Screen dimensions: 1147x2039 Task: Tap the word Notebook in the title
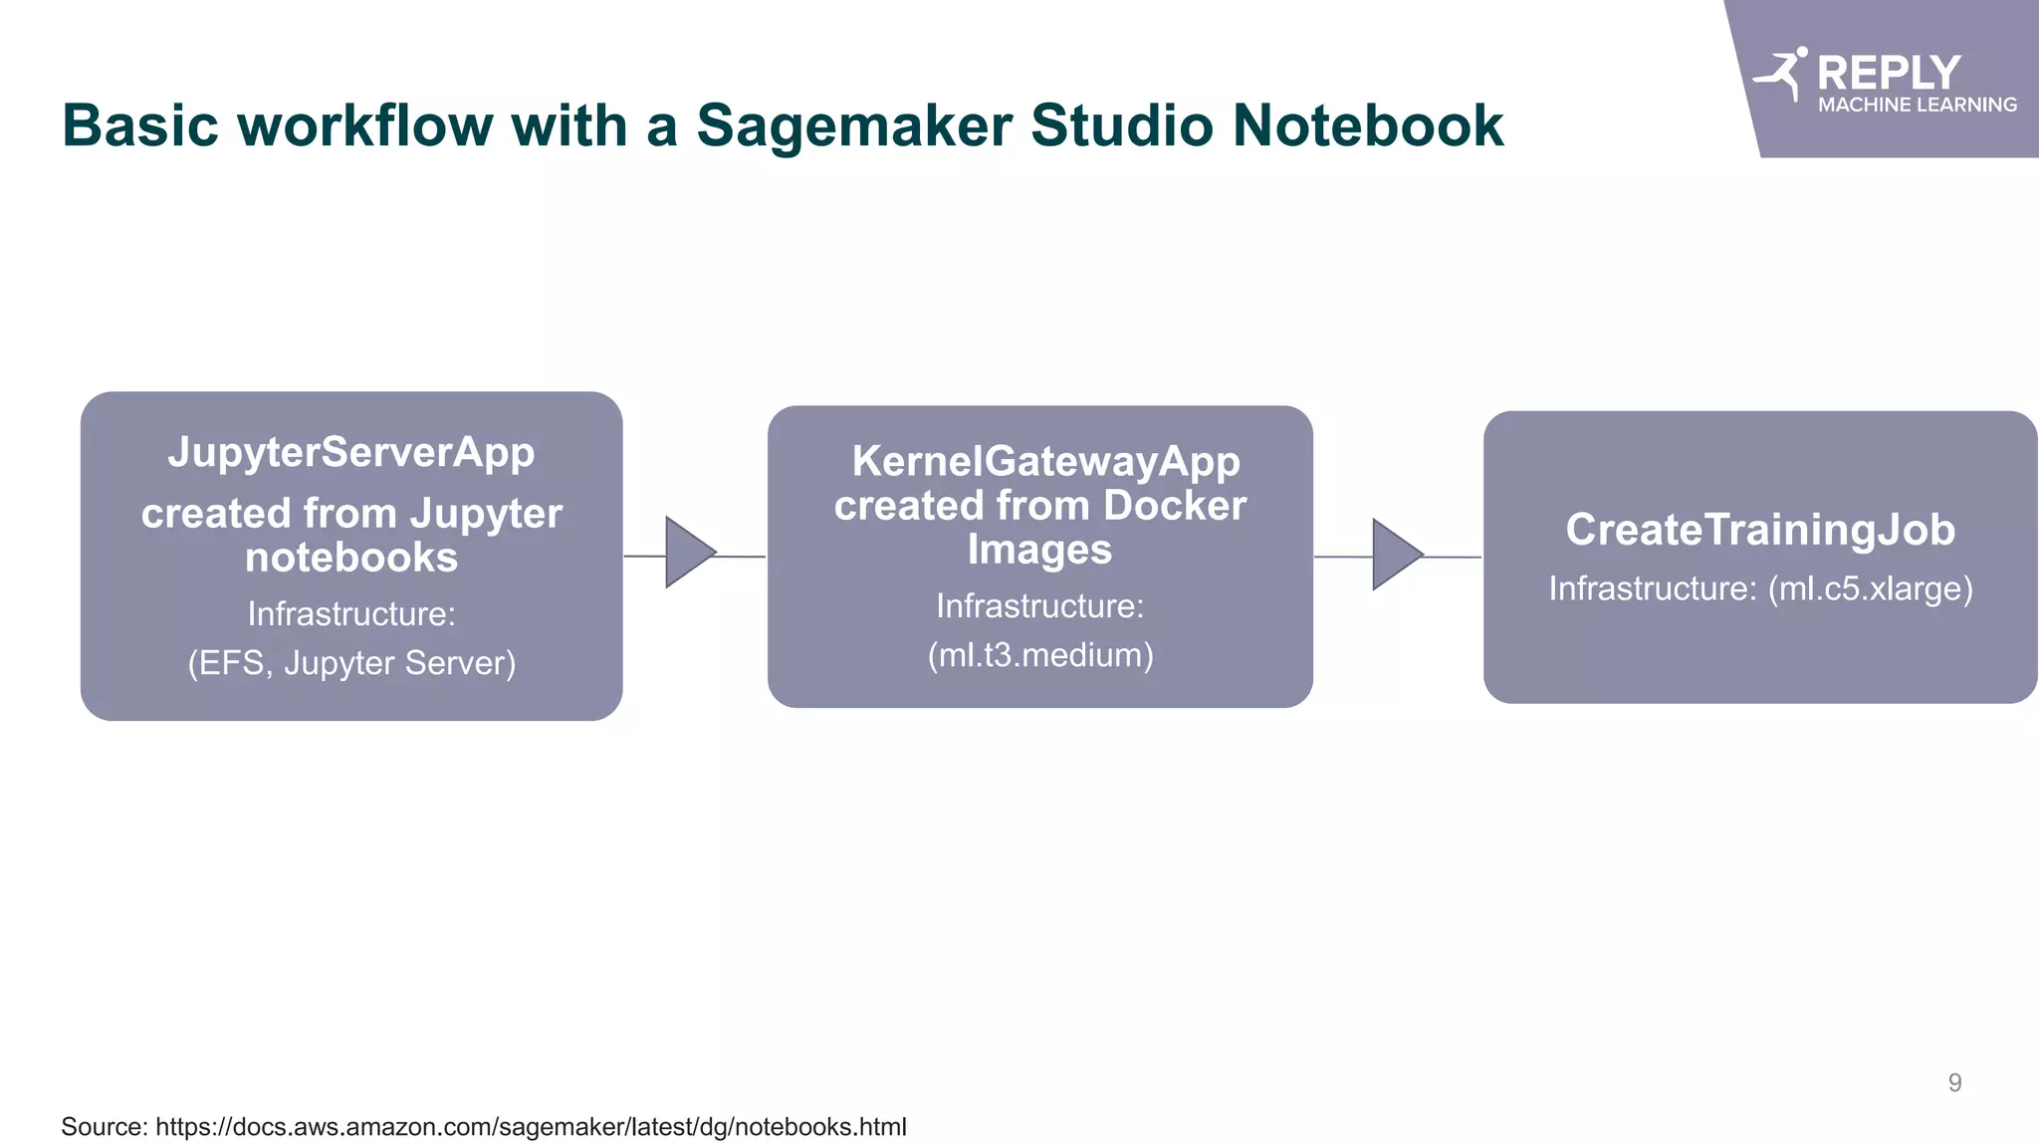1367,126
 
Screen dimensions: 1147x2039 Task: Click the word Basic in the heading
139,126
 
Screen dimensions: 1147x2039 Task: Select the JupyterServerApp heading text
351,452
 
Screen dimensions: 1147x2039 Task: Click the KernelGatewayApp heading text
1045,461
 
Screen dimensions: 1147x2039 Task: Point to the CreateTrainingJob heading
1759,530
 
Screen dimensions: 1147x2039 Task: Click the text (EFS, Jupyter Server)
351,663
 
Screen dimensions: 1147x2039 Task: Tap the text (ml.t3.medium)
1040,655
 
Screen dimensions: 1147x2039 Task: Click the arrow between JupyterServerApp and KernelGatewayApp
689,553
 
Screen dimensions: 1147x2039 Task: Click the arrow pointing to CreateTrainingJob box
1396,555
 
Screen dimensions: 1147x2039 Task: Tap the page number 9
1954,1082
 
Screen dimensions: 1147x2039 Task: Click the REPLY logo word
1888,73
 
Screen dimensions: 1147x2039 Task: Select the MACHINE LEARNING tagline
1917,105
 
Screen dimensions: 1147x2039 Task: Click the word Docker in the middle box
1174,506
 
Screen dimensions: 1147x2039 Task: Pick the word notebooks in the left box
351,558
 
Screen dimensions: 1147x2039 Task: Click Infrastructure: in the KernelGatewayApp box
1040,605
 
